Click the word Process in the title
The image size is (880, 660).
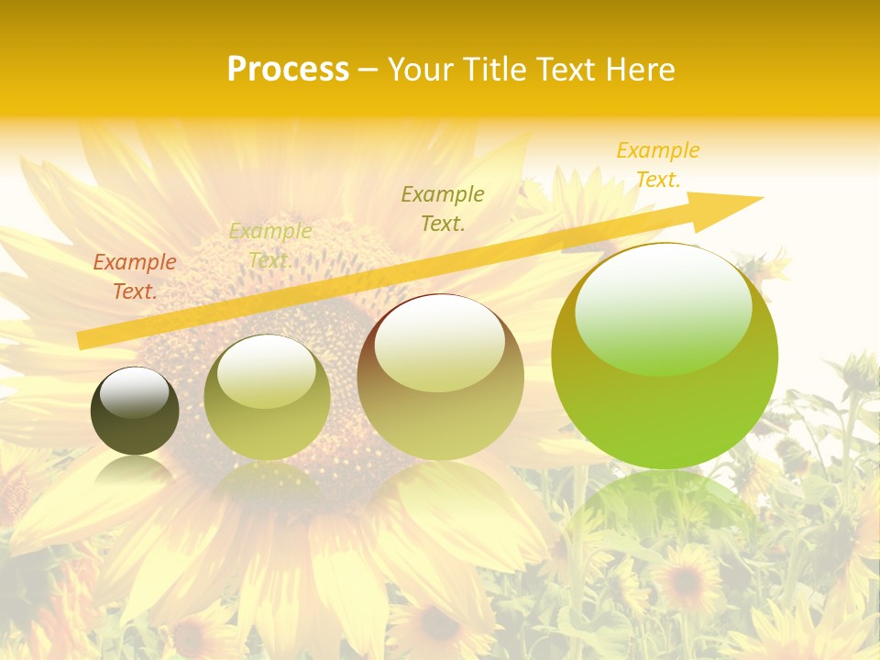point(288,70)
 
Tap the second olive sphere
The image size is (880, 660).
point(267,403)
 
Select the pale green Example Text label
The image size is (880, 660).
point(270,246)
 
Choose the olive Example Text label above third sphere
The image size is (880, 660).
point(443,208)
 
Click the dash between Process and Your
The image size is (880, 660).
point(368,70)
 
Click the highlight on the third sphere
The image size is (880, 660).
point(440,344)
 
